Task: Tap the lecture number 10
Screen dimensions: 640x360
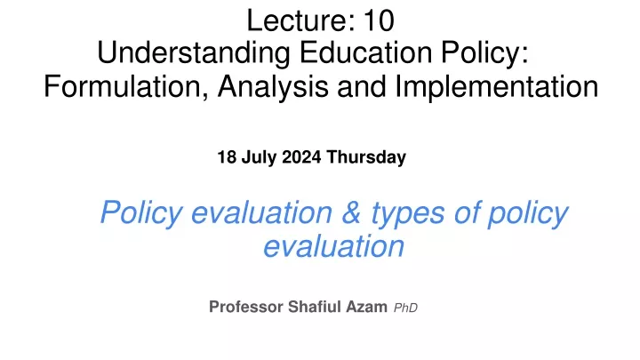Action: [380, 20]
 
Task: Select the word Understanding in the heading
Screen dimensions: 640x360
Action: [194, 53]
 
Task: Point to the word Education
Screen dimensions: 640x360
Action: [365, 52]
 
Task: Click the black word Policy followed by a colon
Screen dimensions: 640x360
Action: [484, 53]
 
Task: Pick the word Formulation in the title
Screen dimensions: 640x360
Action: [126, 86]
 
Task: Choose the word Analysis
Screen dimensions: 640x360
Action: [273, 86]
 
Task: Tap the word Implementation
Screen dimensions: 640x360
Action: [496, 86]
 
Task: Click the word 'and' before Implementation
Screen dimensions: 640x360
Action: [362, 86]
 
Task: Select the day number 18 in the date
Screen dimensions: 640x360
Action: [227, 157]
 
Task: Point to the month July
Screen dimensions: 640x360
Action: [259, 157]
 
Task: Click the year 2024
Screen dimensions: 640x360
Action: [301, 157]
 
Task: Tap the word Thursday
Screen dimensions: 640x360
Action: [366, 157]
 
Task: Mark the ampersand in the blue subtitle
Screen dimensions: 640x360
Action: [351, 212]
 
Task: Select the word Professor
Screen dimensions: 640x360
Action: [246, 307]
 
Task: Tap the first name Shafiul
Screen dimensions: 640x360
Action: [315, 307]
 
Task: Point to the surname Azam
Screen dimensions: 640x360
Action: [366, 307]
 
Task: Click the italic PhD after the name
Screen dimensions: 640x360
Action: [405, 308]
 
